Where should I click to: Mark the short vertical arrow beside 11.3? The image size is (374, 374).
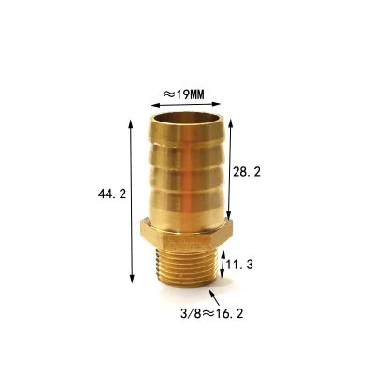point(220,266)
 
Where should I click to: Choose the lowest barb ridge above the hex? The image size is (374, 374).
point(186,208)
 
